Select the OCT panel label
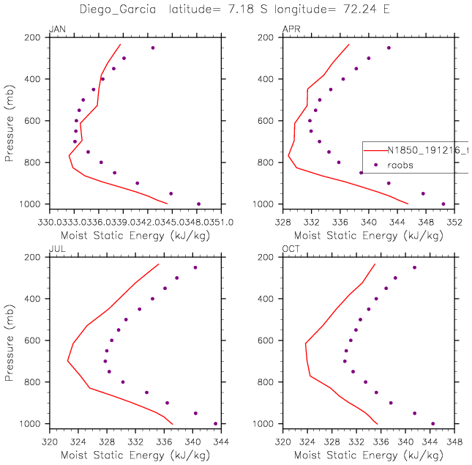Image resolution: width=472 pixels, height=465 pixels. (291, 250)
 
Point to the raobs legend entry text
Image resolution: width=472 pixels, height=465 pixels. (400, 165)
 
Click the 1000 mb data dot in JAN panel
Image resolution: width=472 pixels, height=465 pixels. (198, 204)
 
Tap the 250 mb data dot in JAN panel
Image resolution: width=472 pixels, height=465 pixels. (153, 48)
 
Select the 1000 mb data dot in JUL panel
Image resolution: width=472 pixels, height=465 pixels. (215, 423)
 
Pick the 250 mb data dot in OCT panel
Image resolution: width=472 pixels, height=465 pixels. (414, 267)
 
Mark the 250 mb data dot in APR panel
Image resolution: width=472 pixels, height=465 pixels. (389, 48)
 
